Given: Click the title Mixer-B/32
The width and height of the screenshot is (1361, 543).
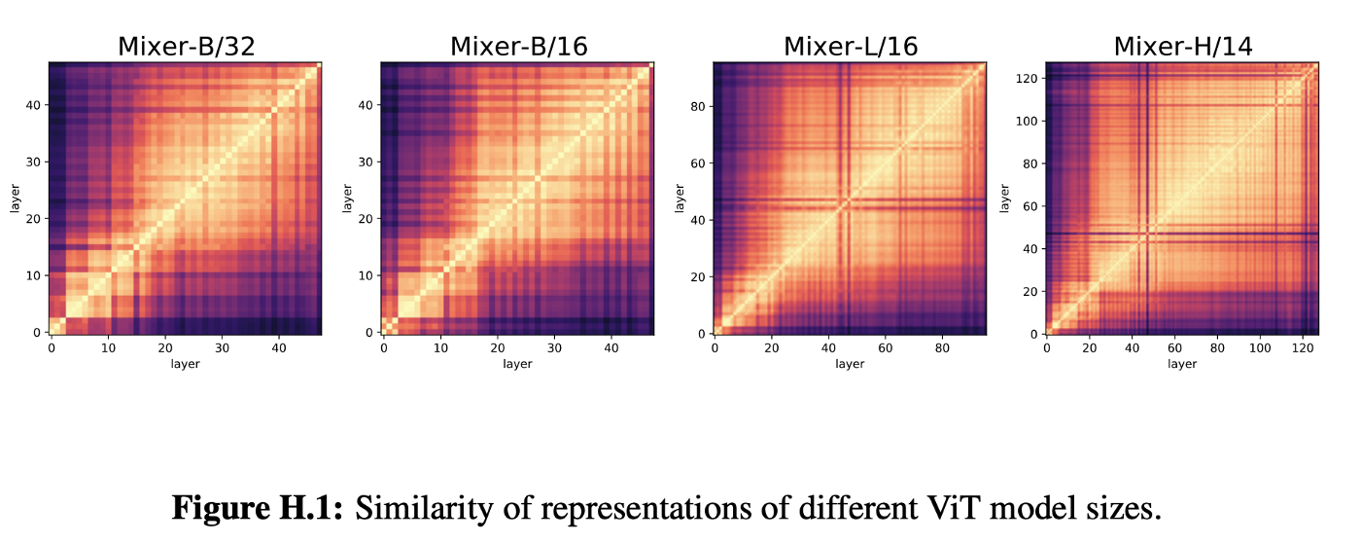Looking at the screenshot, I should [x=186, y=46].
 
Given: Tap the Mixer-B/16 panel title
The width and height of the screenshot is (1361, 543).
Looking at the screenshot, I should [x=517, y=46].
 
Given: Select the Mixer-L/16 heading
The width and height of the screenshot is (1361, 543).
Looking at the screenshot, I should [x=850, y=46].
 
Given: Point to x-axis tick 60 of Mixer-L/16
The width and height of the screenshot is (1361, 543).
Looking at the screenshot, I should [x=886, y=346].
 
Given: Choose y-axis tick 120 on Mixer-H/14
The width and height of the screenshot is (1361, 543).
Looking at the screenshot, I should [x=1024, y=78].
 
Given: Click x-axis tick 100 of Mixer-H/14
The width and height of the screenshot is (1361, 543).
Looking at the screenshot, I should [x=1260, y=346].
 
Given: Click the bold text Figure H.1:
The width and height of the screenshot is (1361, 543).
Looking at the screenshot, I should [x=257, y=508].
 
